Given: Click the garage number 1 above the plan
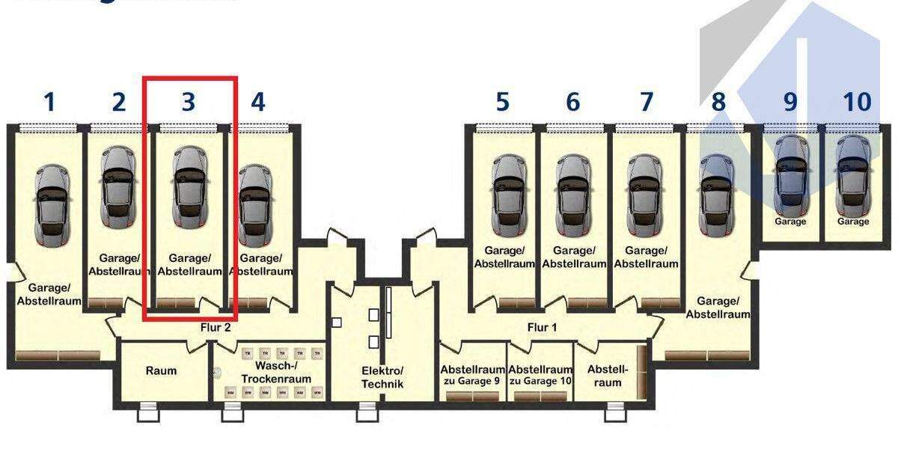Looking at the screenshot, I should [49, 102].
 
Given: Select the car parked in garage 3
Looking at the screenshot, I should [188, 187].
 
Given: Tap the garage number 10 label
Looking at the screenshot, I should [857, 102].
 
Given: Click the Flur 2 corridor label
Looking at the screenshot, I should [216, 327].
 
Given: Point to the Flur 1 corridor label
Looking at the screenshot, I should [543, 327].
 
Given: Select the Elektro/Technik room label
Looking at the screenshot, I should [382, 377].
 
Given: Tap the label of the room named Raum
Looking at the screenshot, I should [161, 370].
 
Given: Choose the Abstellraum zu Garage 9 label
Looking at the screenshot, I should [472, 375].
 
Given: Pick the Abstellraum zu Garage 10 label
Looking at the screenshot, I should [541, 375].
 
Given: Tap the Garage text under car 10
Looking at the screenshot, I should [853, 222].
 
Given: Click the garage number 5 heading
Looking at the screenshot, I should [502, 102].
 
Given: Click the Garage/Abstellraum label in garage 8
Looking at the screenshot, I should [718, 308].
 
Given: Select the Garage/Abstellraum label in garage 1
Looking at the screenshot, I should [49, 294].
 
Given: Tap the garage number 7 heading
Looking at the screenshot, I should [647, 102].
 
